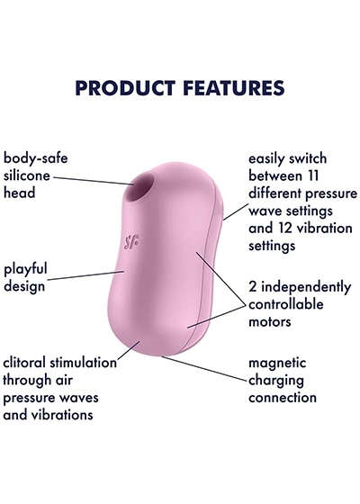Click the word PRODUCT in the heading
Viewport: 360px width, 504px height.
tap(126, 88)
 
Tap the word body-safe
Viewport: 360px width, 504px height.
tap(36, 158)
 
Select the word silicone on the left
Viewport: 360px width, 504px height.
tap(27, 175)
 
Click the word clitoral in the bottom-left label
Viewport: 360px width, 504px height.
tap(24, 363)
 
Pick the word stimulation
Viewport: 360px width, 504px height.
tap(83, 363)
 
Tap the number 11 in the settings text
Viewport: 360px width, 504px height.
tap(312, 175)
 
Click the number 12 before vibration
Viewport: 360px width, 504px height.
tap(284, 228)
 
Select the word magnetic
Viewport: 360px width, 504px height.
tap(277, 364)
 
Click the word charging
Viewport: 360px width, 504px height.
tap(276, 381)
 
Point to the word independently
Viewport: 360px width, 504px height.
tap(306, 287)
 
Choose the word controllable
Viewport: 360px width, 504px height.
tap(286, 304)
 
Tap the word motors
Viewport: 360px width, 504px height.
tap(270, 321)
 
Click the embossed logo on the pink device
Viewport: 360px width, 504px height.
tap(131, 242)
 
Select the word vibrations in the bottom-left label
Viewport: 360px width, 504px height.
tap(62, 415)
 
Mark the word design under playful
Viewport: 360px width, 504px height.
tap(24, 286)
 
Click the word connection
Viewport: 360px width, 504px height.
tap(283, 398)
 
